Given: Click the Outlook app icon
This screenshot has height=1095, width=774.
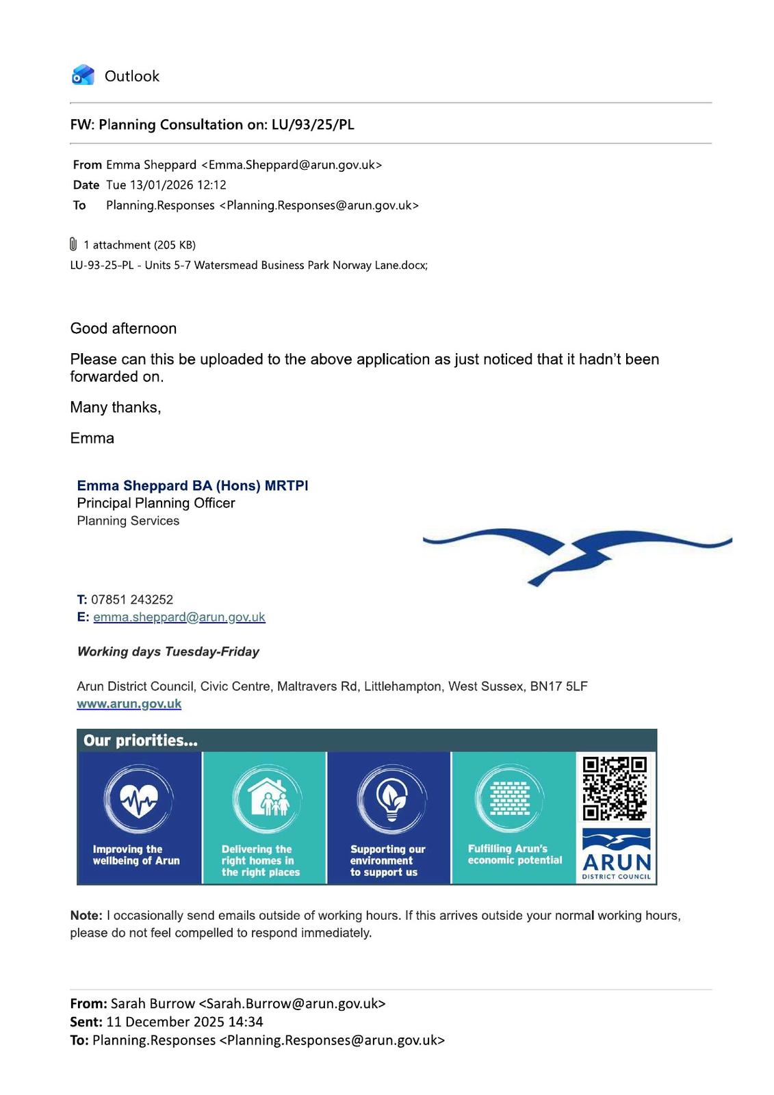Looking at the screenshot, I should [83, 75].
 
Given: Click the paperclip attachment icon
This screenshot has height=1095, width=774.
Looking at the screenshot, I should [73, 244].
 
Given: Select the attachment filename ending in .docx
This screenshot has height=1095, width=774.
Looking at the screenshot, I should [248, 265].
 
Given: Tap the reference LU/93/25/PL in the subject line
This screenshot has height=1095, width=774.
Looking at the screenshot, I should [313, 125].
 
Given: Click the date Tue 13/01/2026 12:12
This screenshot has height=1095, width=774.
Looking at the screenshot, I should [166, 185].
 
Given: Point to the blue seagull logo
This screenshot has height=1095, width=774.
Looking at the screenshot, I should [577, 550].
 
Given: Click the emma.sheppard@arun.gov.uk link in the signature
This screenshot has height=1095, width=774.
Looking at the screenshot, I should [179, 617].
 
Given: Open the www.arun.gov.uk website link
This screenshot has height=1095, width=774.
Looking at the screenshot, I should [129, 704].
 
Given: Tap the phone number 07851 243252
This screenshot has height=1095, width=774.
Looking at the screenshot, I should [131, 600].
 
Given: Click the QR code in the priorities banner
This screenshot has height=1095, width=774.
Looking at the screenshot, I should [615, 788].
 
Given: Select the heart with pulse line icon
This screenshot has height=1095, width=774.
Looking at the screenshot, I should [139, 799].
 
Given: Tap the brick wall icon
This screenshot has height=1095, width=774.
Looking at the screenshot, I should [510, 799].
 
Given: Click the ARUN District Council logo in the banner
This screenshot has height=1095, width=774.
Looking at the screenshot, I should [616, 855].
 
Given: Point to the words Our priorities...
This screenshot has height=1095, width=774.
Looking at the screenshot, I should [140, 740].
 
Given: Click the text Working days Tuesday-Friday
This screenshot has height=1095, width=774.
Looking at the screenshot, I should [168, 652].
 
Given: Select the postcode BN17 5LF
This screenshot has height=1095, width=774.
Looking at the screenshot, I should [558, 686].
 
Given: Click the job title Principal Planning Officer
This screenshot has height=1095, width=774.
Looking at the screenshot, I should [155, 503].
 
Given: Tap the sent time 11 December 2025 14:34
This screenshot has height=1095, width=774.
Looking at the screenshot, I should [185, 1022].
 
